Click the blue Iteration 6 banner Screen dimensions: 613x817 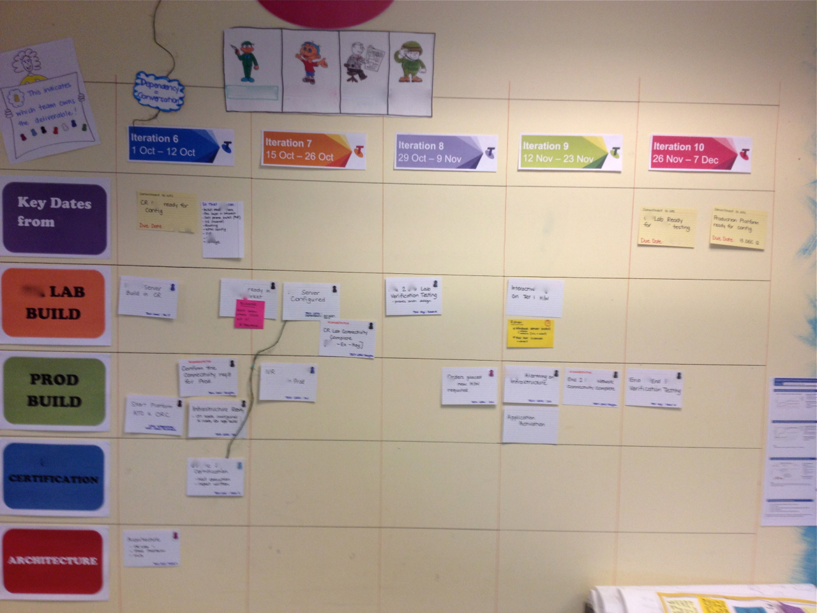coord(180,145)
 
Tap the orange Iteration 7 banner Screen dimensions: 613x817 coord(313,151)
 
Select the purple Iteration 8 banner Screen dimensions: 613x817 coord(445,153)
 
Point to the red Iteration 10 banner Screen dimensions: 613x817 coord(700,154)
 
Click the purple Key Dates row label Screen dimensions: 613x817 coord(55,218)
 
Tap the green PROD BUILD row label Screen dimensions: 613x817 coord(54,391)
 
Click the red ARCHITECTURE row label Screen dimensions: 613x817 coord(53,560)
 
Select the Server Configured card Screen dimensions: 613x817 coord(310,301)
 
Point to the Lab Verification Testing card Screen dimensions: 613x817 coord(413,296)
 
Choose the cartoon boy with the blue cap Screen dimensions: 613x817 coord(310,61)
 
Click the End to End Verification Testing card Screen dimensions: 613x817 coord(654,388)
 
